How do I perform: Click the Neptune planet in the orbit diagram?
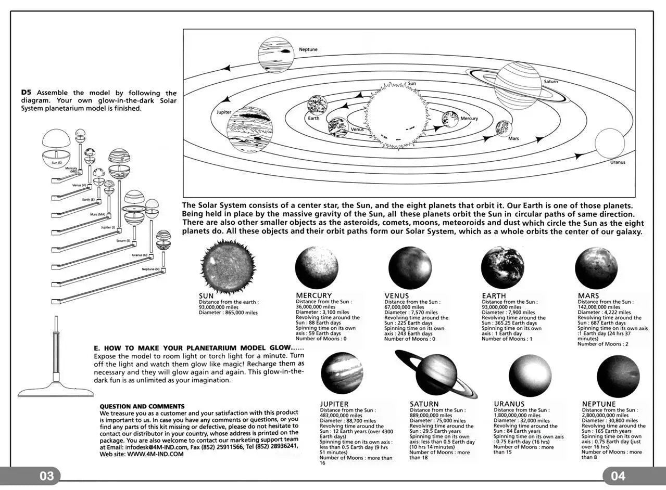[276, 55]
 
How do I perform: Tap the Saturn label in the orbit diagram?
[550, 82]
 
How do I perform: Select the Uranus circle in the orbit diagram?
[610, 143]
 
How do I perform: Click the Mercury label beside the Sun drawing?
[469, 119]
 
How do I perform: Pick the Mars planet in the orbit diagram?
[503, 128]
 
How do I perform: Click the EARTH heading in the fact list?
[494, 295]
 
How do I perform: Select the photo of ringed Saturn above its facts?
[436, 373]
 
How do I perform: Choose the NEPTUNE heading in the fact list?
[599, 404]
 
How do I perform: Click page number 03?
[47, 476]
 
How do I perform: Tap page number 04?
[618, 476]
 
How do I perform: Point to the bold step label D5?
[27, 93]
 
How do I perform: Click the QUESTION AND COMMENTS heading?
[142, 406]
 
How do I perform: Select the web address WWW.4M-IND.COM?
[156, 454]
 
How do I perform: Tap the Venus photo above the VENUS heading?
[409, 267]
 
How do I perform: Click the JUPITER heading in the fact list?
[334, 404]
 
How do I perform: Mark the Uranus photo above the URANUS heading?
[530, 375]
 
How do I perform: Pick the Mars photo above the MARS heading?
[596, 267]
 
